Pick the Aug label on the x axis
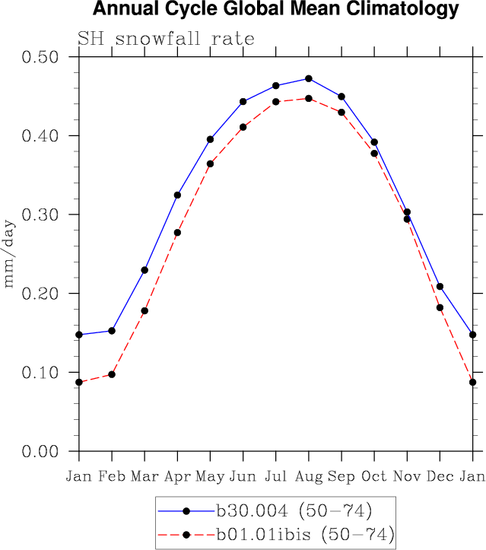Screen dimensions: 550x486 click(308, 476)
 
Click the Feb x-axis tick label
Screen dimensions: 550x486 click(112, 476)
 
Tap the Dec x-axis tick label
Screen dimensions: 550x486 click(440, 476)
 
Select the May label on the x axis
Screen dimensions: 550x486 click(210, 476)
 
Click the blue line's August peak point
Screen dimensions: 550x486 click(308, 78)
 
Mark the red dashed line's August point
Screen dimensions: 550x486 click(308, 98)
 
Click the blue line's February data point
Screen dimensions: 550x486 click(112, 330)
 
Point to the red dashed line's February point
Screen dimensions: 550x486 click(112, 374)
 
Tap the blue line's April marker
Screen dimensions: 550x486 click(177, 195)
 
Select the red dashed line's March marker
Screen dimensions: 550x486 click(145, 310)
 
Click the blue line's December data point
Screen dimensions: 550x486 click(440, 286)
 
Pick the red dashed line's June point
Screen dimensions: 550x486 click(243, 127)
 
